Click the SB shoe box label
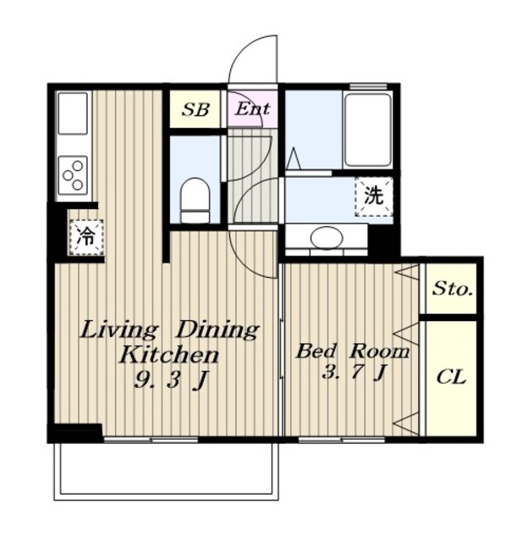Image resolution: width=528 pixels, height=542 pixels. pos(195,109)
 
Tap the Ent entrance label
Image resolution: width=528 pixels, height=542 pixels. pos(252,109)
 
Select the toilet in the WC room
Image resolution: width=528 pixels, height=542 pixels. pos(195,200)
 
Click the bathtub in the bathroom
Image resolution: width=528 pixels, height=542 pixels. pos(367,130)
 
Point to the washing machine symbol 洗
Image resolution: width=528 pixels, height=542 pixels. pos(374,196)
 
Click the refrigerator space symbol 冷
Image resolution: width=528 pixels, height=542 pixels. pos(86,237)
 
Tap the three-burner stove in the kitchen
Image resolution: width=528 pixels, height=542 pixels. pos(73,175)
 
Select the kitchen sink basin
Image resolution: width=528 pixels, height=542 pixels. pos(73,113)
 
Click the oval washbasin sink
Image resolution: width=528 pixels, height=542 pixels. pos(327,238)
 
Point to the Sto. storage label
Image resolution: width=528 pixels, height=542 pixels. pos(453,288)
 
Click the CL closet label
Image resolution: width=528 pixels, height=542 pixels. pos(451,377)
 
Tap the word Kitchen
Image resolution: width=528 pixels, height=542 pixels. pos(169,354)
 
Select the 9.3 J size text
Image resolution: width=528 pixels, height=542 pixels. pos(171,380)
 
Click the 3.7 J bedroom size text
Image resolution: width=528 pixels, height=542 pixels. pos(353,373)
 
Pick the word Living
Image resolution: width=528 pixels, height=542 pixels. pos(118,330)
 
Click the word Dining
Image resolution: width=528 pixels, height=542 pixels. pos(217,329)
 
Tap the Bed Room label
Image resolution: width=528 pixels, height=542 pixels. pos(353,351)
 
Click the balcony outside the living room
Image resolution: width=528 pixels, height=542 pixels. pos(166,470)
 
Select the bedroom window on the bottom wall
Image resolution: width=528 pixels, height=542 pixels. pos(342,440)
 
